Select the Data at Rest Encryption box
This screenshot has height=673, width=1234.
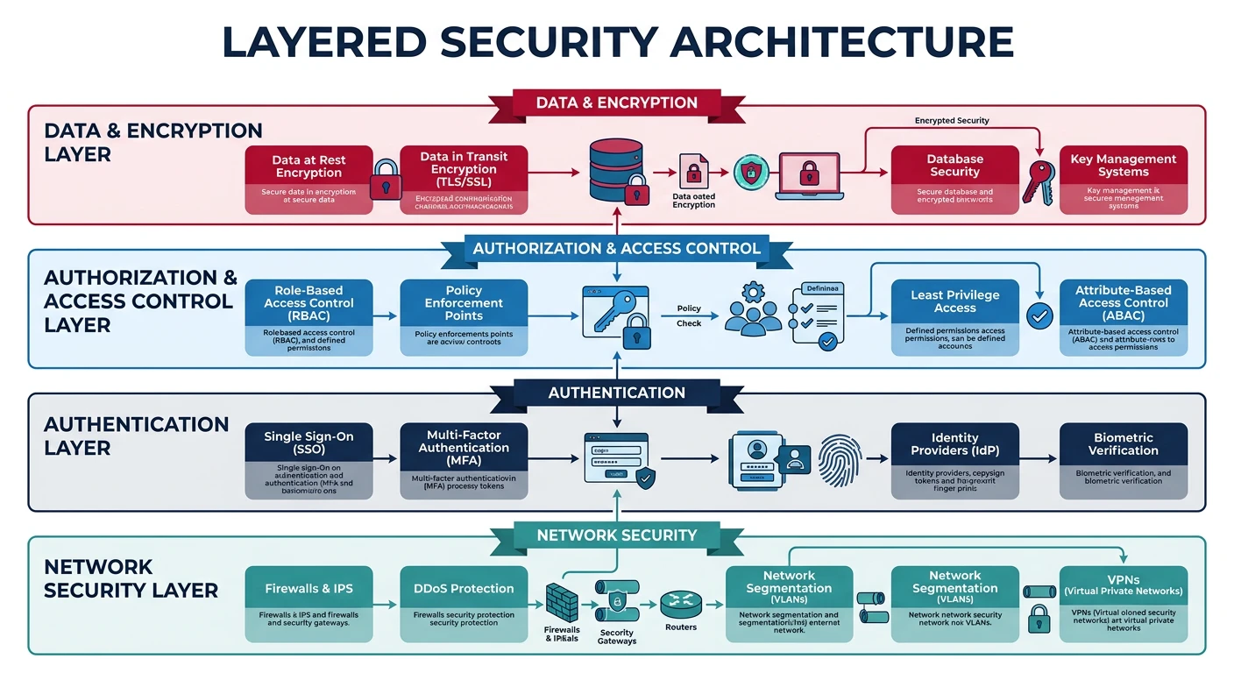pos(308,180)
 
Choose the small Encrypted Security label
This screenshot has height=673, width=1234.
pos(951,120)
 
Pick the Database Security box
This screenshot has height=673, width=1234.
pos(954,180)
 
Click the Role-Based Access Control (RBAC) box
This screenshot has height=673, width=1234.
pos(308,316)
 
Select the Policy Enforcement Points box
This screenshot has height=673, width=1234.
pos(464,316)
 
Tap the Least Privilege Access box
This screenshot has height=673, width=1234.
pos(954,316)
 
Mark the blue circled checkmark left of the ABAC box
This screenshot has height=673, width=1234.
pos(1039,316)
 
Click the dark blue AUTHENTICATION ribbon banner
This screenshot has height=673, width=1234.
pos(616,393)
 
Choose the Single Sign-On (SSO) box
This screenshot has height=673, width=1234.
pos(308,461)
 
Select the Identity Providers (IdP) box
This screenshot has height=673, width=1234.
pos(954,461)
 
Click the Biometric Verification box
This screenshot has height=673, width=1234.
pos(1123,461)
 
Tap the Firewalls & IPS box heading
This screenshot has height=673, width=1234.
pos(308,588)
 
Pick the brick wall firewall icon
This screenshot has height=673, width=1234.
pos(562,602)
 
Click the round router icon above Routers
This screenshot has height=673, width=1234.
pos(680,601)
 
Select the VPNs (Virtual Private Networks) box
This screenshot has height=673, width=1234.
pos(1123,604)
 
